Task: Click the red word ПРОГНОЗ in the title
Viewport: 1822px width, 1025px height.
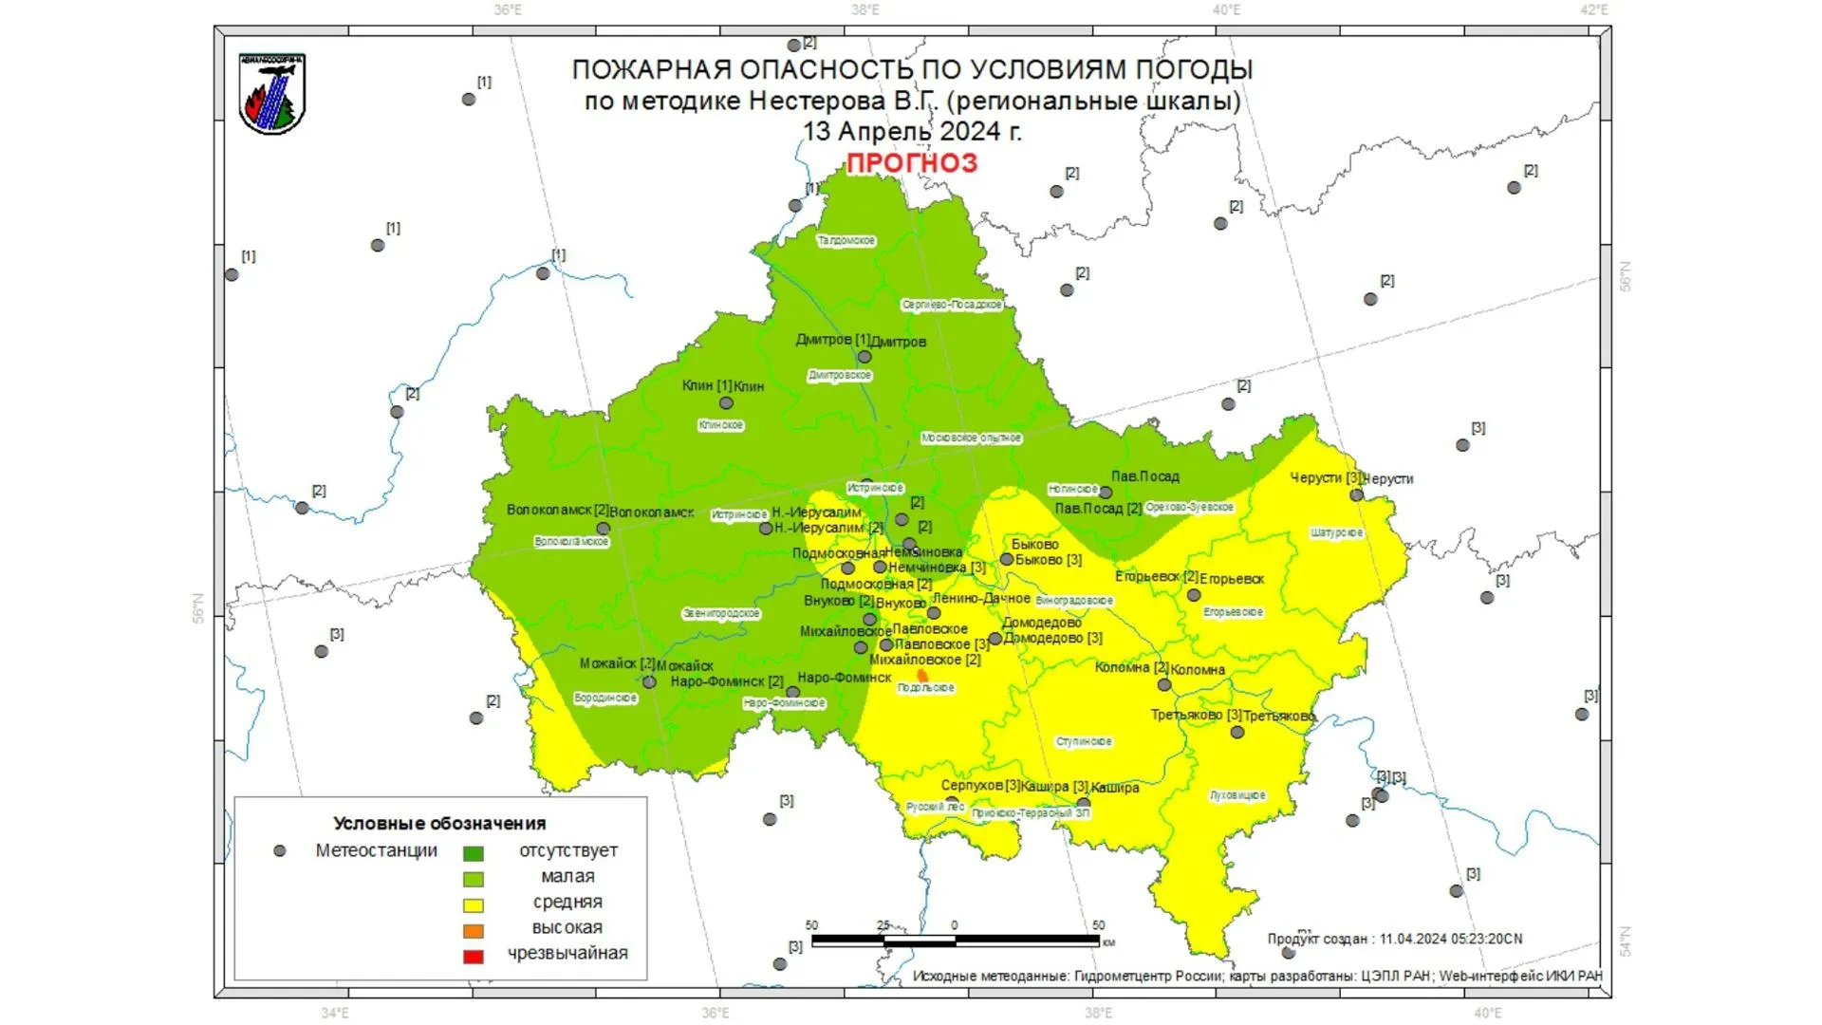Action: (x=911, y=163)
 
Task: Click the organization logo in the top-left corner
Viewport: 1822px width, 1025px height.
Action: (x=272, y=94)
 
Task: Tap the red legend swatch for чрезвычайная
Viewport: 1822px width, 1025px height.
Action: (x=473, y=957)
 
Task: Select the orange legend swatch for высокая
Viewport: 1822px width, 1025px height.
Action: (x=473, y=931)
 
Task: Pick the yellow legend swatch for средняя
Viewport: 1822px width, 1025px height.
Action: (x=473, y=905)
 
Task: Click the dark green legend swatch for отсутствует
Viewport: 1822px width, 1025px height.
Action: (x=473, y=853)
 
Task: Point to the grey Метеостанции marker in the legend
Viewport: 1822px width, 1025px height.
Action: (x=280, y=851)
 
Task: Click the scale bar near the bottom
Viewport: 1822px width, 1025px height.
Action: (x=955, y=941)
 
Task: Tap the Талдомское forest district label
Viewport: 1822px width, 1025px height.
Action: (x=846, y=241)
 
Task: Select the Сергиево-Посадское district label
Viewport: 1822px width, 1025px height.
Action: (x=952, y=305)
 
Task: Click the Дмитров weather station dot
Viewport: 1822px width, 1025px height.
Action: (x=865, y=357)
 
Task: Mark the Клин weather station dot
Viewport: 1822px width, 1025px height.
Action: (x=726, y=403)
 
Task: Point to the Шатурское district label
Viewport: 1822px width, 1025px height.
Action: (x=1336, y=533)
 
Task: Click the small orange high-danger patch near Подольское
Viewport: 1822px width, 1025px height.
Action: (x=922, y=675)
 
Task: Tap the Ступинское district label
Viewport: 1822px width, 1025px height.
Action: (x=1084, y=741)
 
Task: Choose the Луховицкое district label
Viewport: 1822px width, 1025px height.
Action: (x=1237, y=795)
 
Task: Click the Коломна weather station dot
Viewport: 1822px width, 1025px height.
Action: (x=1164, y=684)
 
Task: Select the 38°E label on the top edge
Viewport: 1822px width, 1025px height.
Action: (x=865, y=10)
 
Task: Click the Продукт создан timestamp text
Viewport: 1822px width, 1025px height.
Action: (x=1394, y=939)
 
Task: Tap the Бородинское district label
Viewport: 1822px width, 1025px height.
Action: (x=605, y=699)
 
